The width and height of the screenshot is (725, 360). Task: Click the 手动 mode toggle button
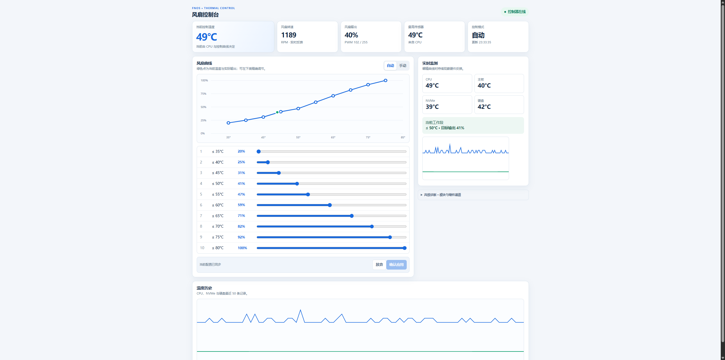coord(402,66)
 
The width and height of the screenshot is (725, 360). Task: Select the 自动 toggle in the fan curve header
coord(390,66)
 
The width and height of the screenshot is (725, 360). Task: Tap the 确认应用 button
coord(396,264)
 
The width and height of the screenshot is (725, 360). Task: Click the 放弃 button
coord(379,264)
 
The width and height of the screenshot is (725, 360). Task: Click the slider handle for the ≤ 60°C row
coord(330,205)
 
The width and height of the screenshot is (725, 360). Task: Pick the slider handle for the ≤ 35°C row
coord(258,151)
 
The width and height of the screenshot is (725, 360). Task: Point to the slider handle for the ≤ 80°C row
coord(404,248)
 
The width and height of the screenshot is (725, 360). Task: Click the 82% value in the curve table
coord(241,226)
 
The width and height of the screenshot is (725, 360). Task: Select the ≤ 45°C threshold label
coord(218,173)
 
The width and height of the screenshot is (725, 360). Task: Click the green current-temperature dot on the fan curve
coord(277,112)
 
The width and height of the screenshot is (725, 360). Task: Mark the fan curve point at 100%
coord(385,81)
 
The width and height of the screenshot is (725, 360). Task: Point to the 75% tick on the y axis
coord(203,94)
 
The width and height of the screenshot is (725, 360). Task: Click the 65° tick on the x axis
coord(333,137)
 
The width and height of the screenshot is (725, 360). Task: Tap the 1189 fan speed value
coord(289,35)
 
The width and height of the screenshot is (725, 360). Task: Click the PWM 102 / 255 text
coord(356,43)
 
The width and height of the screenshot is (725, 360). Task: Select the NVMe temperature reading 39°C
coord(432,107)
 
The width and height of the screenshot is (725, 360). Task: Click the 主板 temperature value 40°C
coord(484,86)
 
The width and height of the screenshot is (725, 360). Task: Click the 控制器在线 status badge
coord(514,12)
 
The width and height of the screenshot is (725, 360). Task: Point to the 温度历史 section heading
coord(204,288)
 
